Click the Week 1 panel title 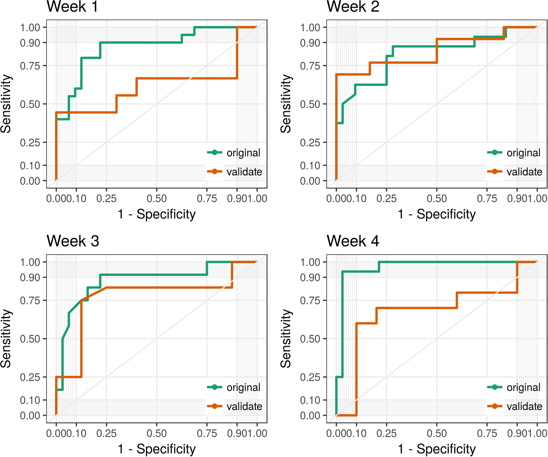(72, 6)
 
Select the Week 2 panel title (353, 6)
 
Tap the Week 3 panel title (73, 241)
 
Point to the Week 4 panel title (353, 241)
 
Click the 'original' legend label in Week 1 (243, 153)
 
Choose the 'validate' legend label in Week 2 (524, 172)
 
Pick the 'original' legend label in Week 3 (243, 387)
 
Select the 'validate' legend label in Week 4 (524, 406)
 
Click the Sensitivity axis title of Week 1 (6, 104)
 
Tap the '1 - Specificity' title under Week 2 (437, 214)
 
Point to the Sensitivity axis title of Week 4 (286, 338)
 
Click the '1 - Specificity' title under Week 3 (157, 449)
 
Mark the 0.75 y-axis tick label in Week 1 (30, 66)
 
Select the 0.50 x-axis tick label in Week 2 (437, 199)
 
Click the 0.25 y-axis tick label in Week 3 (30, 377)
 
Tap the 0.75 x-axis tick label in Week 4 (487, 433)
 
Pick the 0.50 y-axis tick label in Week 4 (310, 339)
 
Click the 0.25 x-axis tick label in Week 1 (106, 199)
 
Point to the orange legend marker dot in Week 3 (215, 406)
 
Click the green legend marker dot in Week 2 (495, 153)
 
